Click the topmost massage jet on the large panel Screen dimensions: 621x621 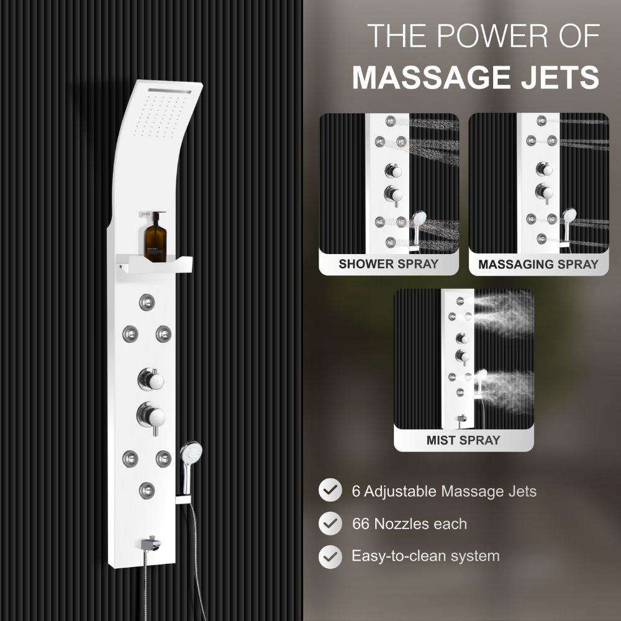(147, 302)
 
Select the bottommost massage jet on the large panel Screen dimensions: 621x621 (147, 491)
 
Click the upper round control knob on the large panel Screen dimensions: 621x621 (151, 379)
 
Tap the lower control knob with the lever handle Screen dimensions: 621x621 (152, 417)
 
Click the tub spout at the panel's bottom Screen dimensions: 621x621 (152, 543)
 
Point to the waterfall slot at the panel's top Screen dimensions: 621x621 (170, 91)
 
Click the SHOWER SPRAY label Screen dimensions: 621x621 (389, 264)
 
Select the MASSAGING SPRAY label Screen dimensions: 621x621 (538, 265)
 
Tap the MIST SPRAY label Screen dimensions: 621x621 (463, 440)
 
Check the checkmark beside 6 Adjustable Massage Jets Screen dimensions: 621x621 (330, 490)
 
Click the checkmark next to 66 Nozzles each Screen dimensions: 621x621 (330, 523)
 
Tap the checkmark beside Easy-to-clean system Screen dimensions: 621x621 (330, 556)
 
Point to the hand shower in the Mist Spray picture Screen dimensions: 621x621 (481, 381)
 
